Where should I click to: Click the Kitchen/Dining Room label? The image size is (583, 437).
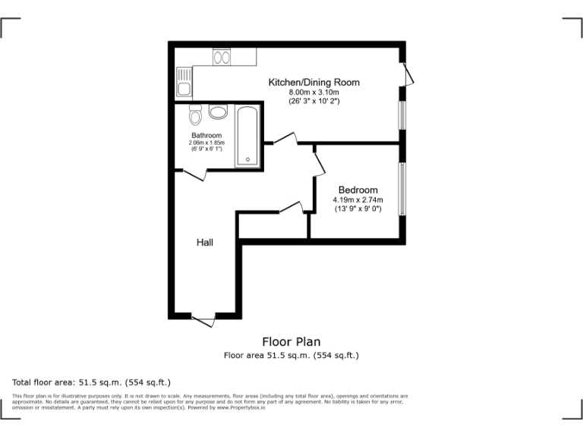[314, 82]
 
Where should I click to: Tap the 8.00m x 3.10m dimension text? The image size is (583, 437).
[314, 92]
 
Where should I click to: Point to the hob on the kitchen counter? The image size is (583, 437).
[222, 57]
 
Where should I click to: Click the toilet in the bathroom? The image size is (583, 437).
[195, 116]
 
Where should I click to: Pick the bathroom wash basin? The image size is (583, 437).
[218, 112]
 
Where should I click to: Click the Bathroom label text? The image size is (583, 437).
[206, 135]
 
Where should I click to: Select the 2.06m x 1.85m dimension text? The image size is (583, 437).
[206, 143]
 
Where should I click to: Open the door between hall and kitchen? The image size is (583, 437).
[285, 140]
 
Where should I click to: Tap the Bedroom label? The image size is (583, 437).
[358, 190]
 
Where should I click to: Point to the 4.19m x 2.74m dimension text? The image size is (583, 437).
[358, 200]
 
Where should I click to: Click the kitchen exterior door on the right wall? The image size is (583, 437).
[408, 74]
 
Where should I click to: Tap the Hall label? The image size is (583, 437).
[205, 243]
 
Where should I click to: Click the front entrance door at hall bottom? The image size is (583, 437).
[203, 319]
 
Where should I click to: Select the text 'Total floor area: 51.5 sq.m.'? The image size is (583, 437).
[71, 382]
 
